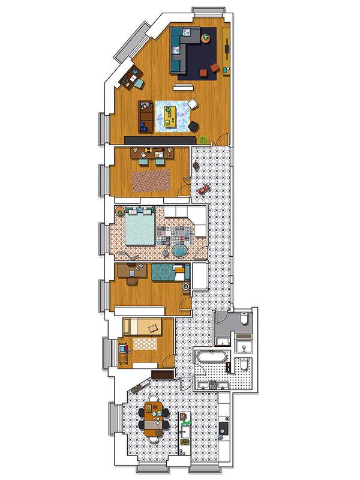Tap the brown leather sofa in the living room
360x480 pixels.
pos(146,116)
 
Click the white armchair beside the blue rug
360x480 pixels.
pos(193,104)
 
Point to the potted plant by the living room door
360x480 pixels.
pos(204,140)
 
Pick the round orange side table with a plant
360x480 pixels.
pos(206,40)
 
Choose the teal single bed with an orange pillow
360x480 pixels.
pos(168,273)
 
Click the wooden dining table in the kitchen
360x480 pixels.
pos(153,418)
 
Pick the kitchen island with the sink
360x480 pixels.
pos(185,432)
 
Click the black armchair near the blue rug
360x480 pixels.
pos(194,125)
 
